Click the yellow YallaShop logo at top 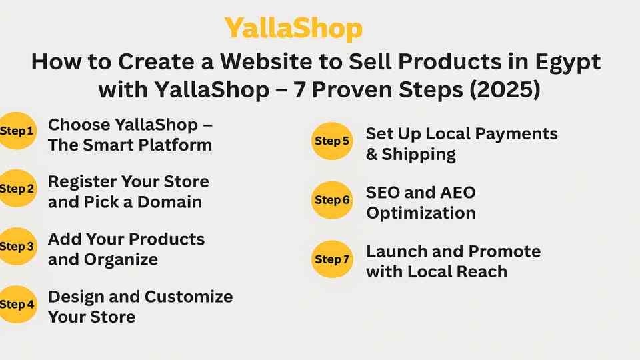293,29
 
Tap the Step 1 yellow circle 17,131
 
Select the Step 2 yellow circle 17,188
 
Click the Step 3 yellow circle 17,246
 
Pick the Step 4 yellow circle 17,304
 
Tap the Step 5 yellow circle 332,141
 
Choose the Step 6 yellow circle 332,200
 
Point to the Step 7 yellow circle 332,259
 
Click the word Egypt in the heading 567,63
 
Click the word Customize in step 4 189,297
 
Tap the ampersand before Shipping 371,154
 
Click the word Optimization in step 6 421,213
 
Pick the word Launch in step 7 396,251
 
